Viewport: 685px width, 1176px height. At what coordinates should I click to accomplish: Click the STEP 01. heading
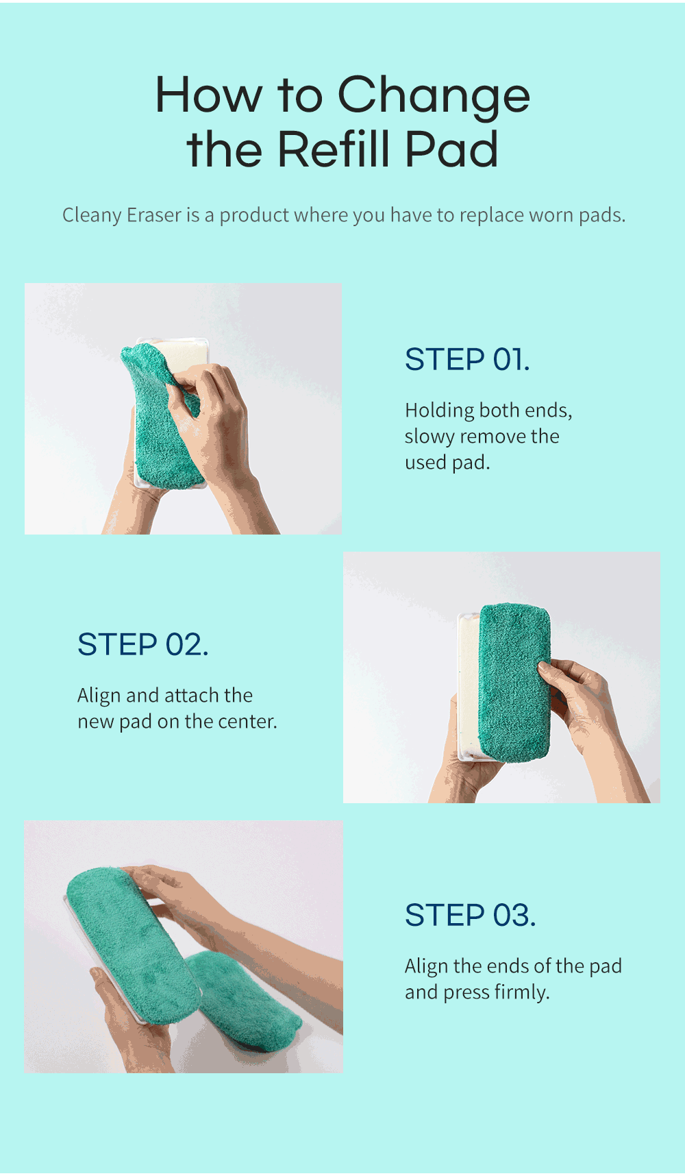point(468,359)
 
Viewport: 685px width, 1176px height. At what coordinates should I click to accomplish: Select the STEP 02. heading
point(143,644)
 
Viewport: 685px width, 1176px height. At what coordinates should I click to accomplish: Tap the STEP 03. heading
point(471,915)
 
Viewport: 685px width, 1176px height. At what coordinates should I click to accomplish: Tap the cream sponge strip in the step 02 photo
point(469,685)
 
